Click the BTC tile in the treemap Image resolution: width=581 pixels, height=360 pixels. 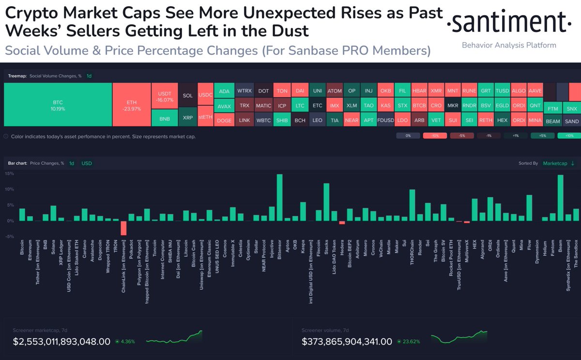click(58, 106)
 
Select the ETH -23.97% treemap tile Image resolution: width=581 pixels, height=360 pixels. click(132, 106)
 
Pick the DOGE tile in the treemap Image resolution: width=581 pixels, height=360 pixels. click(224, 121)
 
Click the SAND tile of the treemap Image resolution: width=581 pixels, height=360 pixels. click(571, 121)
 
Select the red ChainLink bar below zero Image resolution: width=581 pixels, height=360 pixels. click(123, 228)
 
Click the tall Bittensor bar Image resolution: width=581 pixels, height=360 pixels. click(279, 198)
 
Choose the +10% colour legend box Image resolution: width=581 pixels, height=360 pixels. click(568, 136)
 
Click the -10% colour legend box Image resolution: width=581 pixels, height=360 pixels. click(434, 136)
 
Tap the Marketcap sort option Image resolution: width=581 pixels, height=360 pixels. click(556, 163)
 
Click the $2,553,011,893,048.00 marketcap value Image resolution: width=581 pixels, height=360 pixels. click(61, 342)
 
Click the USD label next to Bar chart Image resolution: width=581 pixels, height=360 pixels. click(87, 163)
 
